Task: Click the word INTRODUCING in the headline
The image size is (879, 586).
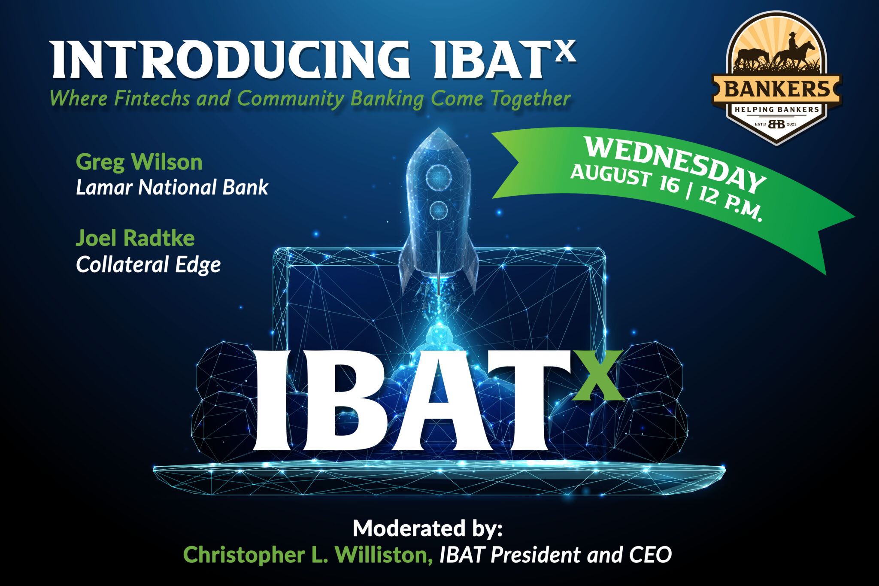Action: [230, 60]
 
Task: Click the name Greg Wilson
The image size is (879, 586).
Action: [139, 162]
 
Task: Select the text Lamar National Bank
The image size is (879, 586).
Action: [172, 188]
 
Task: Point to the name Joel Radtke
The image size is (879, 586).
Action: [135, 238]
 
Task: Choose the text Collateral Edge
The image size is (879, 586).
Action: [148, 264]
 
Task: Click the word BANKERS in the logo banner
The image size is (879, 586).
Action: [777, 90]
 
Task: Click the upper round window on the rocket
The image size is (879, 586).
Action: [438, 176]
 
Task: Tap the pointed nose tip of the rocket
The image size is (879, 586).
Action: [438, 130]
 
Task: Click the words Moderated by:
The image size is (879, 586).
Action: [427, 528]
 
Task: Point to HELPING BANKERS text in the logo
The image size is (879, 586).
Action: [777, 109]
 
